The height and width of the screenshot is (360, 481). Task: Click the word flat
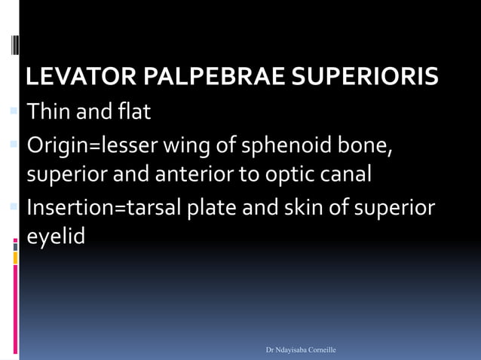pyautogui.click(x=134, y=113)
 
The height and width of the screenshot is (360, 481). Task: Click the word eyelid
pyautogui.click(x=56, y=236)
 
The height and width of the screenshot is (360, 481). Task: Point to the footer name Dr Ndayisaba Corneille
pyautogui.click(x=301, y=350)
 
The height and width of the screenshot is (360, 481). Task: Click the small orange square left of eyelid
pyautogui.click(x=15, y=258)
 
